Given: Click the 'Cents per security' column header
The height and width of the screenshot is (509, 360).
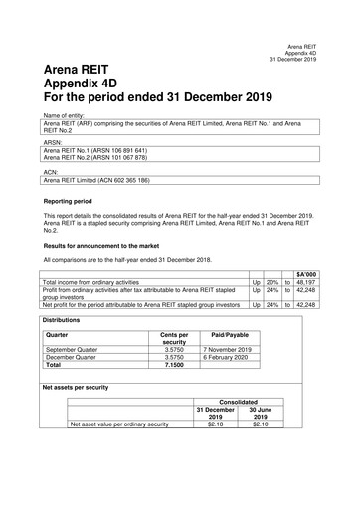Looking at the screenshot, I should [x=173, y=339].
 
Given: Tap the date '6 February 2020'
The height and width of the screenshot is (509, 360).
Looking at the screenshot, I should [x=230, y=358].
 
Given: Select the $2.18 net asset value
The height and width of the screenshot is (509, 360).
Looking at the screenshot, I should [x=216, y=424].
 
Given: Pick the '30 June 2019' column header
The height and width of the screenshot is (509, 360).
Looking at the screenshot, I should [x=261, y=414].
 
